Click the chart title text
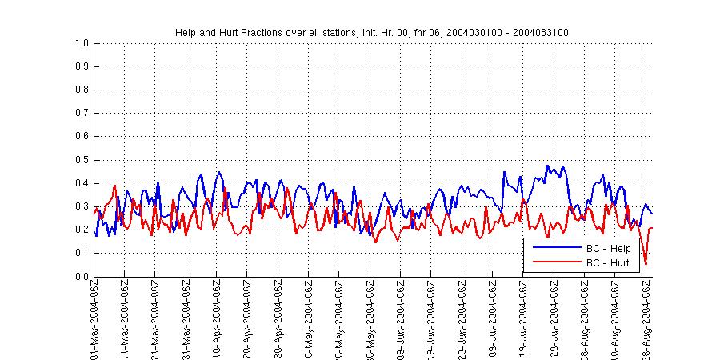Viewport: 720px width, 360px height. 372,32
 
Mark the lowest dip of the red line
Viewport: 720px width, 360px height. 646,264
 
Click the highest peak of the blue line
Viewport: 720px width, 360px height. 548,166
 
